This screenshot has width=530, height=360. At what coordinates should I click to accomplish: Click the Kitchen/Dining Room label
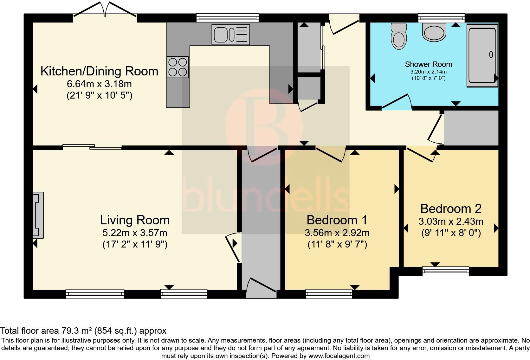(x=100, y=71)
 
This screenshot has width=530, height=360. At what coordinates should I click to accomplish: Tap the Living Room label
(x=135, y=220)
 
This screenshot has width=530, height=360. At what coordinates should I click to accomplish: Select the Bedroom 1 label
(x=337, y=220)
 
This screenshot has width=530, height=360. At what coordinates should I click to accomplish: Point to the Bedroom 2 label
(x=451, y=209)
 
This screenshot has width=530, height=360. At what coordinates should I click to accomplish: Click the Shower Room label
(x=429, y=64)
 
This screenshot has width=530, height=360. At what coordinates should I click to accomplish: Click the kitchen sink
(x=231, y=35)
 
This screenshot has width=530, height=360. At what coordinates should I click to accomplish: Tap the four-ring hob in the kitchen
(x=178, y=67)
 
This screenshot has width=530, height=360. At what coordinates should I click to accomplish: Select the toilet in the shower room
(x=399, y=36)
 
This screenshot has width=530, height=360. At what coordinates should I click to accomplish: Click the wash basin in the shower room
(x=434, y=32)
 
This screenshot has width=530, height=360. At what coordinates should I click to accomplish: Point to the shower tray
(x=482, y=55)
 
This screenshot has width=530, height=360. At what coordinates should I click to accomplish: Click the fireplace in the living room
(x=38, y=215)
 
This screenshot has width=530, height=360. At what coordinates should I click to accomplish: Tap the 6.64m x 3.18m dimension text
(x=100, y=84)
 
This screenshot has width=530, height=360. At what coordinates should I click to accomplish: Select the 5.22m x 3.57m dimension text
(x=135, y=233)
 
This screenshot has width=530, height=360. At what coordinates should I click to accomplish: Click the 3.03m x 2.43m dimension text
(x=451, y=222)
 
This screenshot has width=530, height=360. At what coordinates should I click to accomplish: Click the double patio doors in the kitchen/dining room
(x=105, y=10)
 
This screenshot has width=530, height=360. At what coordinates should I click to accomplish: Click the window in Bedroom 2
(x=446, y=271)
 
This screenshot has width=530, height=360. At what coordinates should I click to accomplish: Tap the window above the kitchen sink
(x=228, y=18)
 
